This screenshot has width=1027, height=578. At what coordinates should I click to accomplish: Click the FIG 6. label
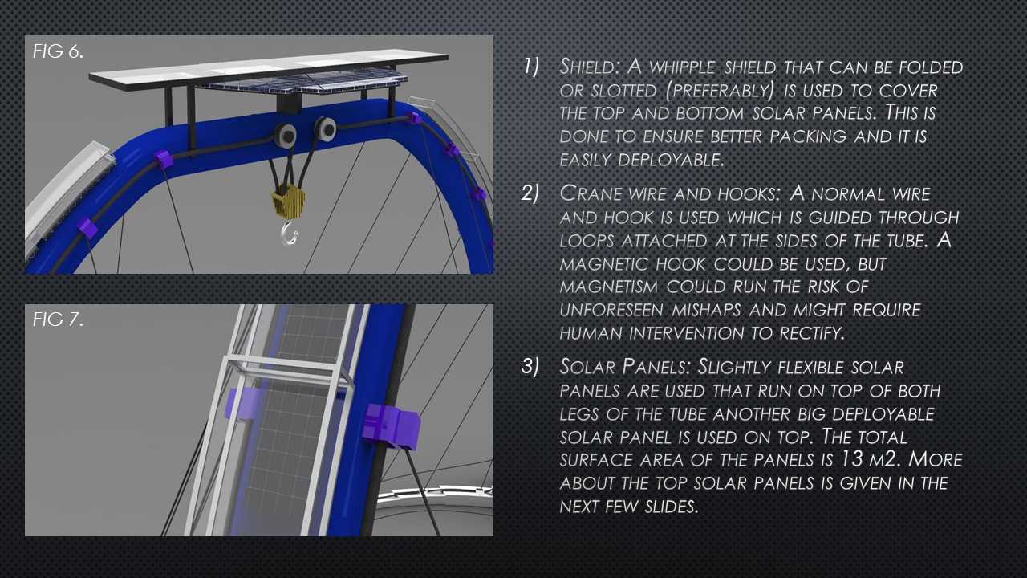click(59, 51)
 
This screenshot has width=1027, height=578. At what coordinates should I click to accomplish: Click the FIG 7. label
click(59, 320)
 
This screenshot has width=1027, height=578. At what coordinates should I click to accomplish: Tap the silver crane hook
click(290, 233)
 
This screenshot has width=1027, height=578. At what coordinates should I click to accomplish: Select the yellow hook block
click(288, 201)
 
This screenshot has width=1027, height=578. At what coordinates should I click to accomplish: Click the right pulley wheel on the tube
click(326, 129)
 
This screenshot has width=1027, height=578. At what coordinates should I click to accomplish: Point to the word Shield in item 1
click(590, 67)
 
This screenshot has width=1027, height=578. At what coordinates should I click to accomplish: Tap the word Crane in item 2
click(591, 193)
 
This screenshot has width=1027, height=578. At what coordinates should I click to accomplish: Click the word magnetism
click(609, 287)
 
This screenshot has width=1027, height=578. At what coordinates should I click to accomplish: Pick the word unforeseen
click(611, 311)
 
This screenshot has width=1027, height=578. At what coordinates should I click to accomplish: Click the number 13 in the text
click(853, 459)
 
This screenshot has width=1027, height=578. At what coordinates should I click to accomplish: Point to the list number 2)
click(530, 193)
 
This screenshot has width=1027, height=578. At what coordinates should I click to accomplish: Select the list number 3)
click(530, 367)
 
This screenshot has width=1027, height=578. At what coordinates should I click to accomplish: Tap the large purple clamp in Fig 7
click(391, 425)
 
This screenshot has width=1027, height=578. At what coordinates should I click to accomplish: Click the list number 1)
click(532, 67)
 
